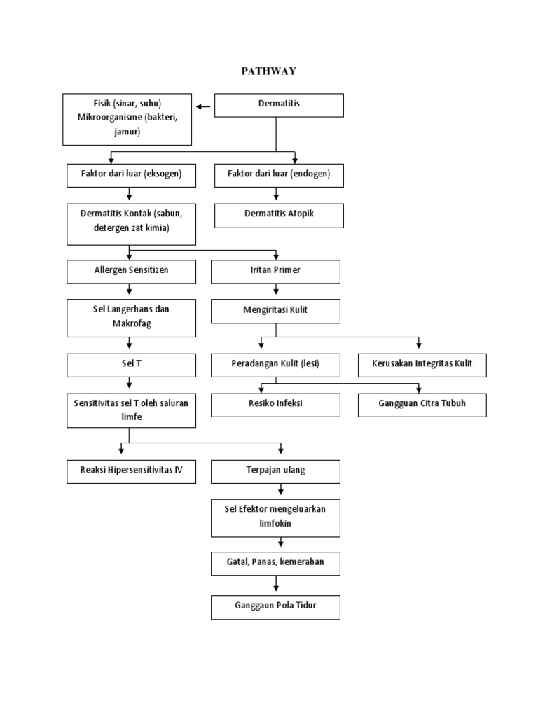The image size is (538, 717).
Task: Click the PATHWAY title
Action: coord(268,71)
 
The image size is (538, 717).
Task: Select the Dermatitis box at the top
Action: coord(278,104)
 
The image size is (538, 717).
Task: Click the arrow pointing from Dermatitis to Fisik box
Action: coord(204,106)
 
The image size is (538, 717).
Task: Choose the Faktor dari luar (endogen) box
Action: coord(278,175)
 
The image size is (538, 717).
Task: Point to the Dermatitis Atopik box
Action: coord(278,215)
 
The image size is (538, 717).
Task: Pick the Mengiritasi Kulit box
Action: coord(275,311)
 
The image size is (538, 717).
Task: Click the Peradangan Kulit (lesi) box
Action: coord(275,365)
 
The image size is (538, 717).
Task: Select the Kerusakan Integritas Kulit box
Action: coord(422,365)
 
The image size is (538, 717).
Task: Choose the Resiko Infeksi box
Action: coord(275,405)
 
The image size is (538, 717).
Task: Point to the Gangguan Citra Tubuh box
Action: coord(422,405)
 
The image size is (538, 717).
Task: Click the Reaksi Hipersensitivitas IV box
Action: coord(130,471)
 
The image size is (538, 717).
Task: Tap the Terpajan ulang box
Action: coord(275,471)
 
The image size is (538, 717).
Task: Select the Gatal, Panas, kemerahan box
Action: coord(275,563)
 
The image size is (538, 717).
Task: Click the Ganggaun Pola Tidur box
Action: coord(275,606)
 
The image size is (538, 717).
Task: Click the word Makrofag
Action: coord(131,323)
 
